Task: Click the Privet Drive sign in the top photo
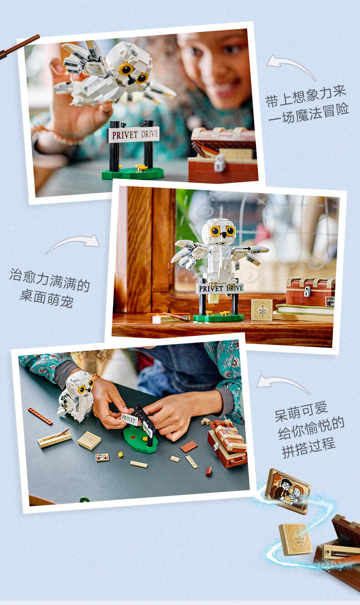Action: tap(133, 134)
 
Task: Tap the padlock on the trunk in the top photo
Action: tap(220, 163)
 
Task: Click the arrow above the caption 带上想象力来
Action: tap(291, 66)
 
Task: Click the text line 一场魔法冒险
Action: tap(309, 113)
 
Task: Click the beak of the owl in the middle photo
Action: tap(224, 235)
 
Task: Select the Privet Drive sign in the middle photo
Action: tap(220, 288)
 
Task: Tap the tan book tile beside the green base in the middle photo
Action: tap(262, 309)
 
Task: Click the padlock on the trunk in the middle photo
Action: tap(307, 292)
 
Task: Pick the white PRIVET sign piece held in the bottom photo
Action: tap(129, 419)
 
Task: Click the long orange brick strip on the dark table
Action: tap(40, 416)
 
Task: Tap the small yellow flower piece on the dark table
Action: tap(120, 455)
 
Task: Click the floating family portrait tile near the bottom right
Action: tap(288, 491)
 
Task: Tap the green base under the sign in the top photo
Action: tap(133, 174)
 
